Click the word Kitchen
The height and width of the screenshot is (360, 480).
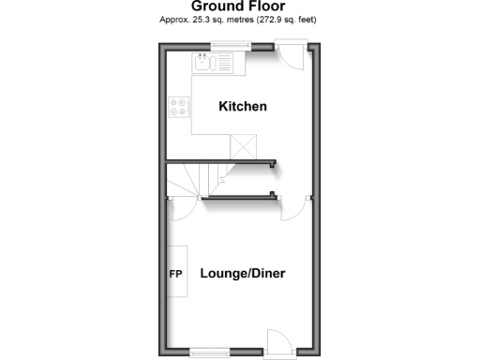[x=243, y=107]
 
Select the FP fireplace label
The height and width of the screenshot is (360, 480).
[x=174, y=275]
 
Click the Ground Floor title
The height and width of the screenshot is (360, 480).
[x=238, y=6]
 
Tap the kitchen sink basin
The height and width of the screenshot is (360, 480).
[x=202, y=64]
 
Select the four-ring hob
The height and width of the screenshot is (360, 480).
[x=179, y=108]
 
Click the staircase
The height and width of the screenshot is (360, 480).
[x=198, y=178]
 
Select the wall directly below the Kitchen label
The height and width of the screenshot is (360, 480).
[x=221, y=162]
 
